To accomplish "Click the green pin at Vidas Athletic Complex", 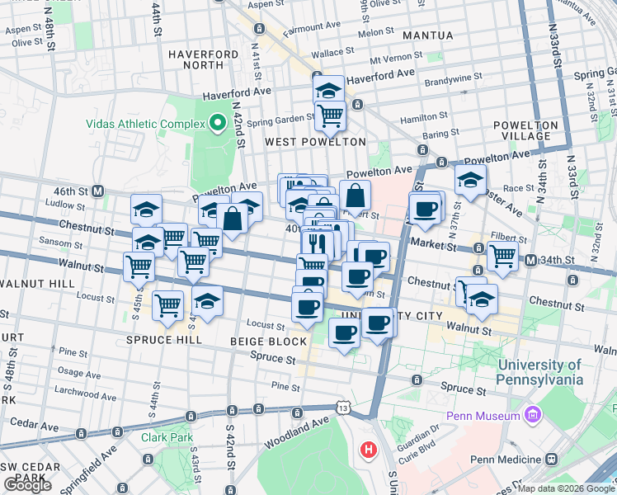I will (x=218, y=124).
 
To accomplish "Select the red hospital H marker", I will (x=368, y=450).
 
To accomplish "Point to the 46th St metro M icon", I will (x=97, y=191).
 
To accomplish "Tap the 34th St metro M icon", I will (x=532, y=261).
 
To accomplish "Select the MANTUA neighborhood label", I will (x=427, y=35).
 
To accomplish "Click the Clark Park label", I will (x=166, y=436).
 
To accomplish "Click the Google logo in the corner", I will (x=27, y=485).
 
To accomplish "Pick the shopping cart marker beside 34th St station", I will (x=502, y=256).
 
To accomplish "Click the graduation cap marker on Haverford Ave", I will (x=329, y=89).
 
